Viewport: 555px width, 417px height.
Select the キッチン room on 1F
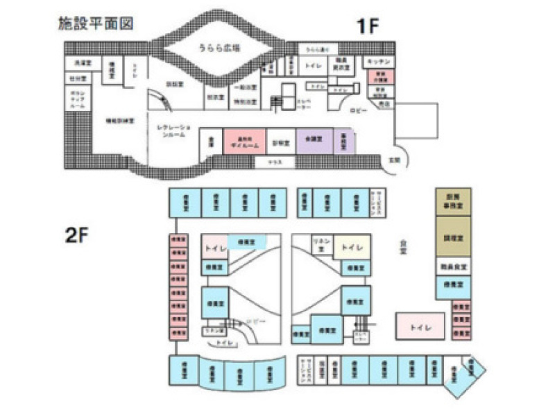click(381, 62)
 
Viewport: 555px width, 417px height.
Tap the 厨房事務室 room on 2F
click(453, 201)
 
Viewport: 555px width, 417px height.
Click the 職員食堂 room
click(453, 266)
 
